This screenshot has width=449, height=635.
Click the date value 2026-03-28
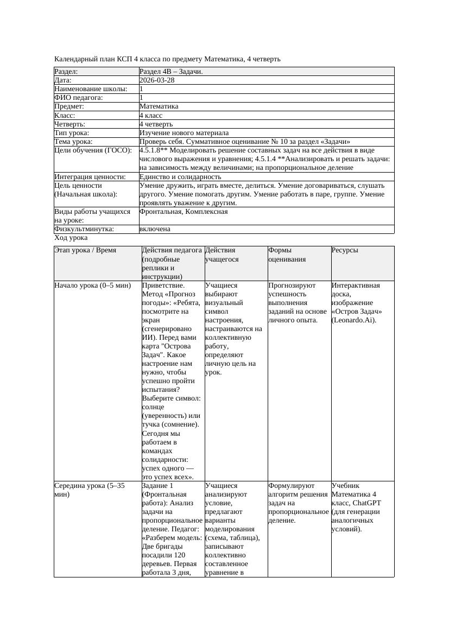click(x=157, y=80)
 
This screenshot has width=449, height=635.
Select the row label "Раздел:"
click(x=66, y=72)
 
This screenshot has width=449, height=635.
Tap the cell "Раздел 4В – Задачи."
click(x=171, y=72)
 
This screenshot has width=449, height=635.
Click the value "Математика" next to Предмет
click(x=159, y=106)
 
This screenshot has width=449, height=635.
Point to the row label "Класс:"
click(x=65, y=115)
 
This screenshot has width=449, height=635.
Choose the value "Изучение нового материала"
click(x=184, y=132)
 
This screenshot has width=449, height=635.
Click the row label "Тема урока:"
click(x=73, y=141)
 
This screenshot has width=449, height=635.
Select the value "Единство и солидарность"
click(x=180, y=176)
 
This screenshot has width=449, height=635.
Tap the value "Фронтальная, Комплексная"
click(x=184, y=212)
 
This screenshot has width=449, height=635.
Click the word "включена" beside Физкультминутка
click(x=155, y=229)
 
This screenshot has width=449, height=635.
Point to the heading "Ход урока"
click(x=71, y=238)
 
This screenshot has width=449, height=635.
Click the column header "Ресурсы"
click(x=345, y=250)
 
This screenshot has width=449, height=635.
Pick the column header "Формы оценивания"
click(x=287, y=255)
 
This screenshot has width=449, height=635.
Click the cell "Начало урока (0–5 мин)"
click(x=93, y=285)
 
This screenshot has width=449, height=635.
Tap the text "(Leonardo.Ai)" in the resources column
click(x=354, y=320)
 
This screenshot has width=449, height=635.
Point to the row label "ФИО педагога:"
click(x=79, y=98)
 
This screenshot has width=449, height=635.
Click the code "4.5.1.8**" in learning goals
click(x=153, y=150)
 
